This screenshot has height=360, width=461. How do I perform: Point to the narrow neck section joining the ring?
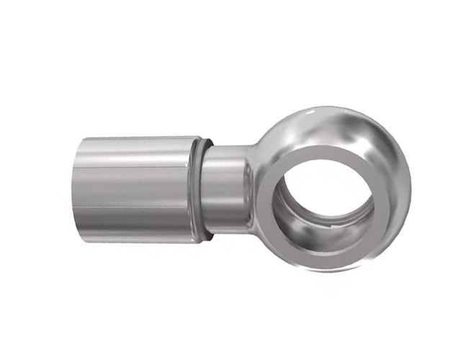pos(229,189)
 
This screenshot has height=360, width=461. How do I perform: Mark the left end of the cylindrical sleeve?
pos(75,189)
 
